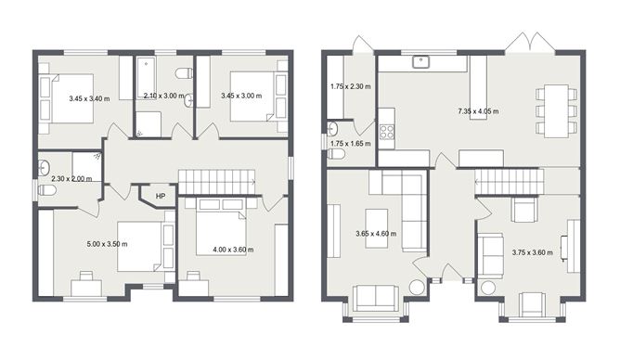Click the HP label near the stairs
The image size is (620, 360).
[161, 197]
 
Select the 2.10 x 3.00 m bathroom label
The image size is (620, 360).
[164, 95]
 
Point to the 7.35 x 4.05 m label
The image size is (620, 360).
[478, 111]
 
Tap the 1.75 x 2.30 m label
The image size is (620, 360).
[350, 87]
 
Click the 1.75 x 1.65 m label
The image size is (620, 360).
[350, 144]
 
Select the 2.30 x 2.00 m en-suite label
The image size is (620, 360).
[71, 178]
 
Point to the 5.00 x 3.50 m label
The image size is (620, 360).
[108, 244]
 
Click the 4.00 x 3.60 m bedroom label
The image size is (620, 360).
[232, 249]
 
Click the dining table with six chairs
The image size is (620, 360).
[556, 109]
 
